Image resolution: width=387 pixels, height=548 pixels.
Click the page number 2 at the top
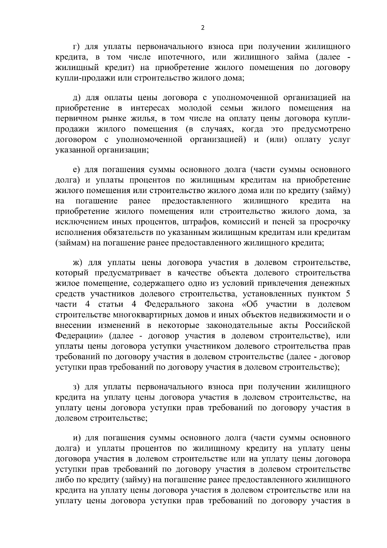(203, 28)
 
